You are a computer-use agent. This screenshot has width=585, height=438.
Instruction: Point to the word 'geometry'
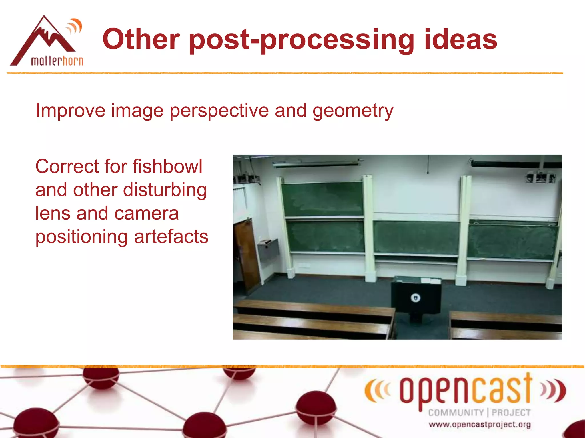[x=353, y=111]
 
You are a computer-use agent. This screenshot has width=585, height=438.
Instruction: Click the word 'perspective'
[x=219, y=111]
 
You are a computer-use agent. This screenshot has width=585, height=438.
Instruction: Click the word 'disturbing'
[x=165, y=190]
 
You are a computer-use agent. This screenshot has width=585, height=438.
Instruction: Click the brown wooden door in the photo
[x=246, y=254]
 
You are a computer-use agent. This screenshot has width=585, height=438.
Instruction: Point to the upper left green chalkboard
[x=322, y=199]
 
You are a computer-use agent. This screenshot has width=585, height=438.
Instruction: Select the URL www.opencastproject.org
[x=480, y=425]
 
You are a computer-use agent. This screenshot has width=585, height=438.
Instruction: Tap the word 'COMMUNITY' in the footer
[x=456, y=413]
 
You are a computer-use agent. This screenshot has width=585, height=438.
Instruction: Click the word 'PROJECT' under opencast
[x=511, y=413]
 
